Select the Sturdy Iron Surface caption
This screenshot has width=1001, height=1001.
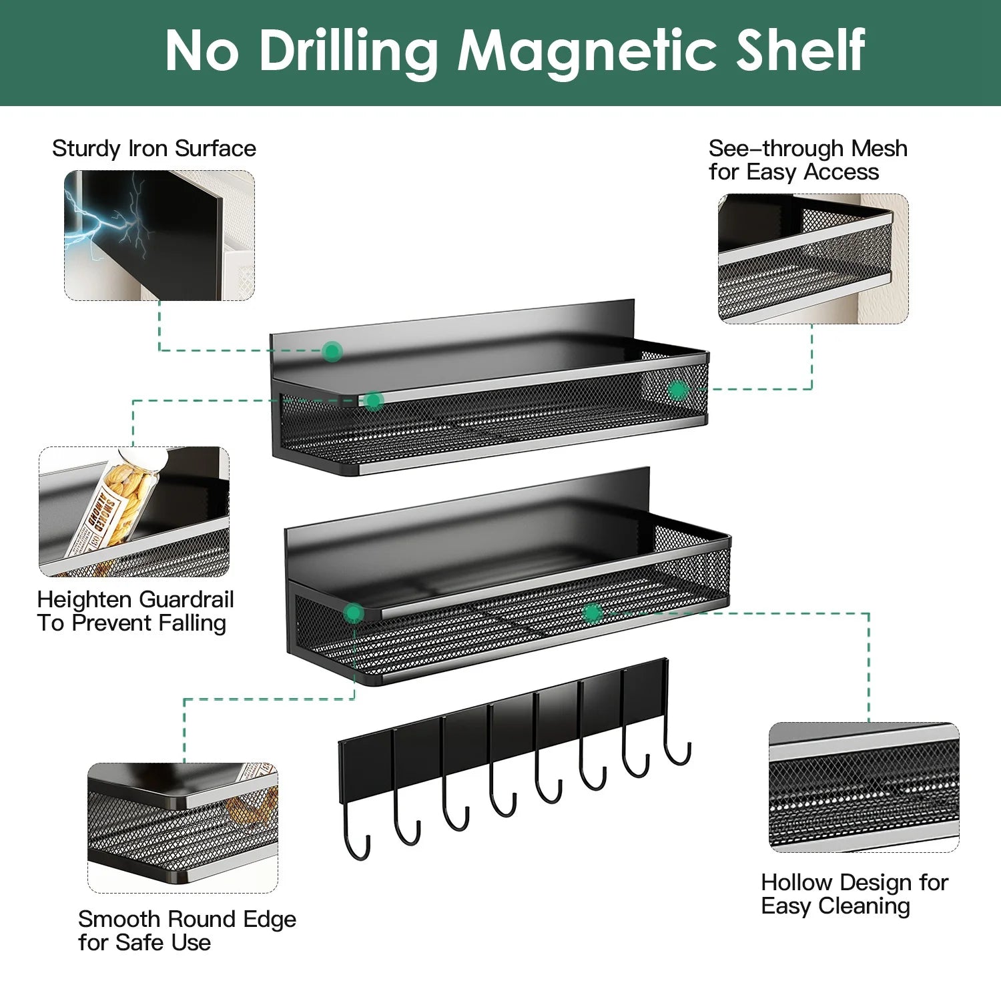coord(154,148)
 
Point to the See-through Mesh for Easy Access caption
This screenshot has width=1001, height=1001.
coord(808,160)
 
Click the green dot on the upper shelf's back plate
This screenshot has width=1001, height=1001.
coord(332,351)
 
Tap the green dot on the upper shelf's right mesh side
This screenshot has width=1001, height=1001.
coord(677,390)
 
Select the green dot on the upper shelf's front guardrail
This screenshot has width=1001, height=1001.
coord(374,400)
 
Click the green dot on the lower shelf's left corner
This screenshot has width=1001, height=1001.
coord(354,613)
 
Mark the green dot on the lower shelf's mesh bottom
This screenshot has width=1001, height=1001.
coord(592,613)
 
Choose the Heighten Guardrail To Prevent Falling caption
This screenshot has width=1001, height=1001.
coord(135,611)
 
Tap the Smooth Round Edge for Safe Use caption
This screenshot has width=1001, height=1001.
coord(187,931)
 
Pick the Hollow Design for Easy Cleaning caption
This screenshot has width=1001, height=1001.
coord(855,894)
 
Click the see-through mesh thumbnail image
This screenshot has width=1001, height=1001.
coord(813,259)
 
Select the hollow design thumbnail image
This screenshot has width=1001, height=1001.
coord(864,787)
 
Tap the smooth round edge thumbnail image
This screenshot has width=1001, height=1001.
coord(183,828)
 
